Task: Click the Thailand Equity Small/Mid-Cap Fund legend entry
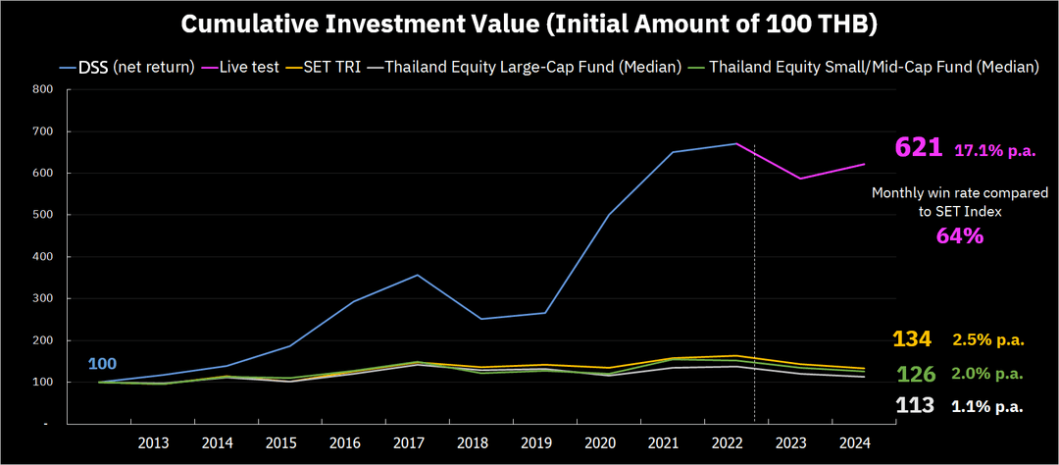[x=864, y=69]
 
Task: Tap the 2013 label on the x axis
[x=154, y=444]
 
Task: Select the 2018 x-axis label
[x=472, y=444]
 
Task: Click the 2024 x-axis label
[x=854, y=444]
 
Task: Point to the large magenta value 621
[x=919, y=147]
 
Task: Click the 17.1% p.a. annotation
[x=995, y=151]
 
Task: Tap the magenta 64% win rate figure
[x=958, y=236]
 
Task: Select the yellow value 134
[x=913, y=338]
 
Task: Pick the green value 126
[x=915, y=374]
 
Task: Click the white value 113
[x=915, y=405]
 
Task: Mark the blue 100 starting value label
[x=103, y=364]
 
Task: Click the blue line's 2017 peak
[x=417, y=275]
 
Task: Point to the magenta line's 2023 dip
[x=800, y=179]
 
